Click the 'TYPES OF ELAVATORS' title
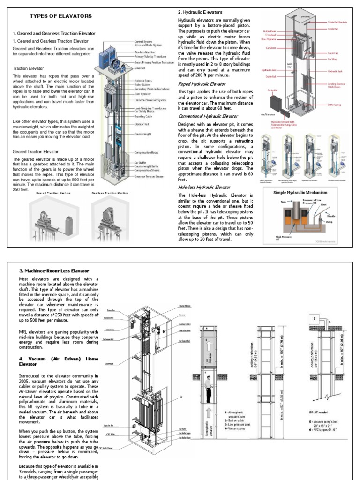tap(61, 16)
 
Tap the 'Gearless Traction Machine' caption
tap(110, 193)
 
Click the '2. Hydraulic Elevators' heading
tap(200, 12)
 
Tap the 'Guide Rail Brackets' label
tap(338, 22)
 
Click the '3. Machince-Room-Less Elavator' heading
tap(54, 271)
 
